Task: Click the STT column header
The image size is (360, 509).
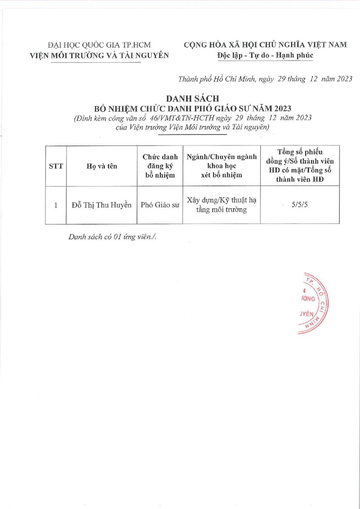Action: point(56,166)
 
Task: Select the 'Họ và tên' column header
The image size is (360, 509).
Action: point(101,166)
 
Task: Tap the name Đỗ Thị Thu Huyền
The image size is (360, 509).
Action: point(101,206)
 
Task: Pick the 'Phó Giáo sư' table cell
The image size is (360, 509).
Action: point(160,206)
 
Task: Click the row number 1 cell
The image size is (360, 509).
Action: point(56,206)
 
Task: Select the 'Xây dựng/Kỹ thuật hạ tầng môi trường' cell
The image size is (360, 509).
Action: point(221,205)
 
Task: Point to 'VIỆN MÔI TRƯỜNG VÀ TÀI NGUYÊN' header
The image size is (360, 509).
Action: point(98,55)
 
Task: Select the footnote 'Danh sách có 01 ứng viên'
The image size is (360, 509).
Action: point(112,237)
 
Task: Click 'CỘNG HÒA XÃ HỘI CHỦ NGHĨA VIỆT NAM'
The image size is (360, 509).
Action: point(265,45)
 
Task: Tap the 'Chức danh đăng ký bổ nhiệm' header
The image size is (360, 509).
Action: point(160,166)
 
